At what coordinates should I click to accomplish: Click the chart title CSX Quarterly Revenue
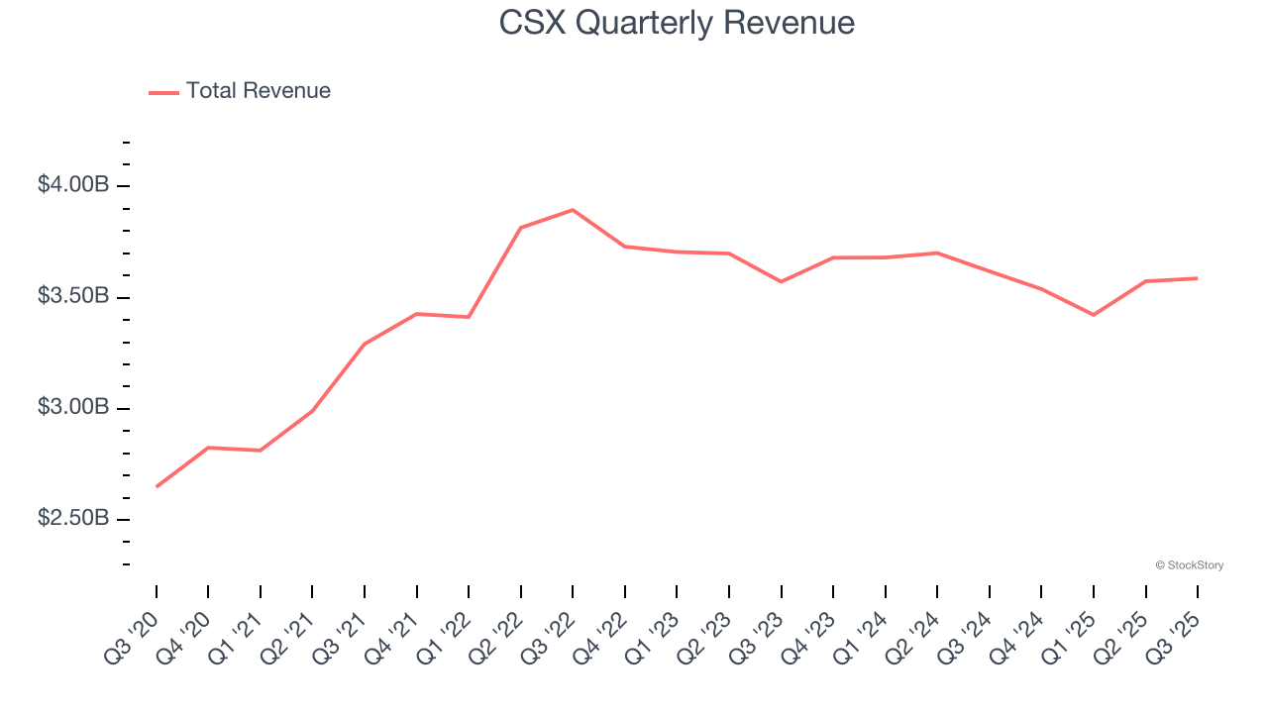[x=677, y=23]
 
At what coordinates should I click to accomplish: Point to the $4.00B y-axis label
[x=73, y=185]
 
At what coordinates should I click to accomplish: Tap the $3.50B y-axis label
[x=73, y=296]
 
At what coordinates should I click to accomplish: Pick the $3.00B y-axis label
[x=73, y=408]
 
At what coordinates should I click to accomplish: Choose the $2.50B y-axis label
[x=73, y=519]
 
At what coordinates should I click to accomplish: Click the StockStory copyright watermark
[x=1189, y=565]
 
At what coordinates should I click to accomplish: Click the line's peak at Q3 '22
[x=573, y=210]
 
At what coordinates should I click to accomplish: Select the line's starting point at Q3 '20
[x=157, y=486]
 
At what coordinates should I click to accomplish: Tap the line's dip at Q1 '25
[x=1093, y=315]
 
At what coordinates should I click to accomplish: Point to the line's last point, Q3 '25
[x=1197, y=278]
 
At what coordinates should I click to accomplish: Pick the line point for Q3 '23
[x=781, y=281]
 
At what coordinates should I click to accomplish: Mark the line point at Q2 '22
[x=520, y=228]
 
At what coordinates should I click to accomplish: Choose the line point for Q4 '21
[x=416, y=314]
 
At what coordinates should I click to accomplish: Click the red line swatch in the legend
[x=163, y=92]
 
